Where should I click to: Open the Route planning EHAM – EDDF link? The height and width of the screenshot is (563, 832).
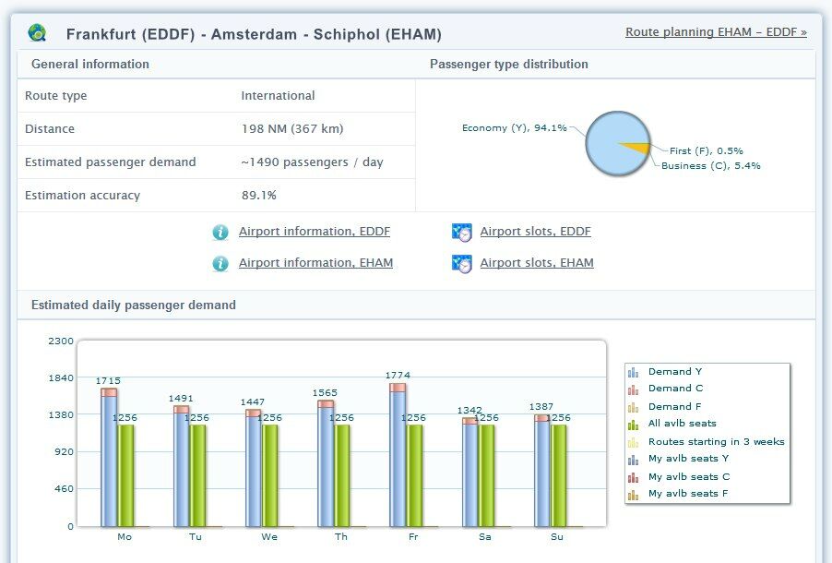click(x=716, y=32)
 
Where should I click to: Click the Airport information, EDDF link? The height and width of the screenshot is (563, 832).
click(x=314, y=232)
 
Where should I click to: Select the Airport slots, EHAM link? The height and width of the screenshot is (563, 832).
click(x=536, y=263)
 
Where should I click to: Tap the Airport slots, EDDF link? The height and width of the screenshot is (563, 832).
click(x=535, y=232)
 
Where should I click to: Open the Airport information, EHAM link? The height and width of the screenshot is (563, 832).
click(x=315, y=263)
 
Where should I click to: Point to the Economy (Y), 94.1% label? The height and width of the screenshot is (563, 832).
click(x=514, y=128)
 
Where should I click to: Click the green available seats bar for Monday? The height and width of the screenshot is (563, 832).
click(x=126, y=474)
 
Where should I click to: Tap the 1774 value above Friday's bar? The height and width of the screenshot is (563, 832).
click(x=398, y=375)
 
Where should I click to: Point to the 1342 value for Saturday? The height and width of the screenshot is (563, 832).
click(x=470, y=410)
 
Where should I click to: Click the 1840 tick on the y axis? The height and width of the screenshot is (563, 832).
click(x=60, y=377)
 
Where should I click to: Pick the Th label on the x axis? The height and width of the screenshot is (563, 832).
click(x=341, y=536)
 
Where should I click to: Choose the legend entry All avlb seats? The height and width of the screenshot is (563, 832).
click(x=682, y=424)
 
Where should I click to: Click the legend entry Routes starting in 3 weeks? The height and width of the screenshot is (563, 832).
click(x=716, y=441)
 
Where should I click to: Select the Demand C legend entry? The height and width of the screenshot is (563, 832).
click(x=675, y=389)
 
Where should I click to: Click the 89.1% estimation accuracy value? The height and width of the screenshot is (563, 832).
click(x=259, y=196)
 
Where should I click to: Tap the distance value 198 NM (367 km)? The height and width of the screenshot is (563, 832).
click(x=291, y=129)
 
